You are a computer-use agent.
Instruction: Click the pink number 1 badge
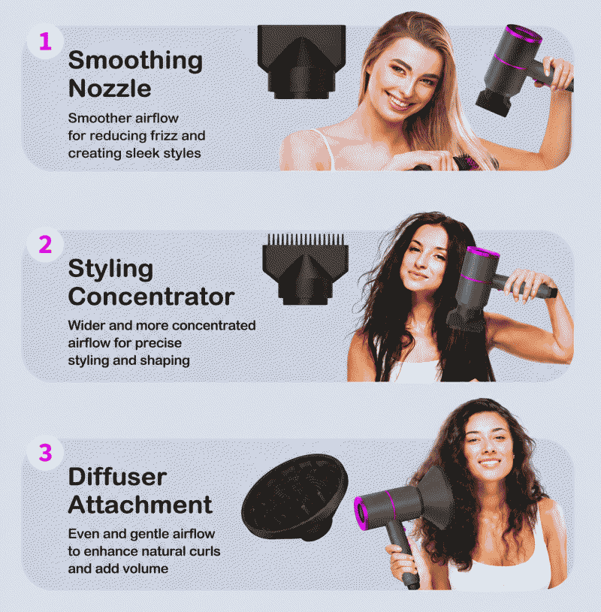(x=45, y=42)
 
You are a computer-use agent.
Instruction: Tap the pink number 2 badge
(x=45, y=245)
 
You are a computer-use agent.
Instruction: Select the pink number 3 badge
(x=45, y=453)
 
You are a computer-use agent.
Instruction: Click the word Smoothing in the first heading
(x=135, y=61)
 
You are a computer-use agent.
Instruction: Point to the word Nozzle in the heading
(x=110, y=89)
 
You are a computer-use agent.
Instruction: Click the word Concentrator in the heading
(x=151, y=297)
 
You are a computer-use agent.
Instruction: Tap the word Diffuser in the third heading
(x=117, y=477)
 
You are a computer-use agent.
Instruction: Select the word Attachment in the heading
(x=140, y=505)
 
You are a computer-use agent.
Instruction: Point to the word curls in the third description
(x=204, y=551)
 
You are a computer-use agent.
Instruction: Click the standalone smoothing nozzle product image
(x=301, y=62)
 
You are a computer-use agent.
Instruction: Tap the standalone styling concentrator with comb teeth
(x=305, y=269)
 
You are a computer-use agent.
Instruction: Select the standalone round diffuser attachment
(x=294, y=497)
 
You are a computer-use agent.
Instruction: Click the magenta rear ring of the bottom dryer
(x=361, y=514)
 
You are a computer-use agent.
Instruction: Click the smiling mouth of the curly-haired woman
(x=489, y=463)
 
